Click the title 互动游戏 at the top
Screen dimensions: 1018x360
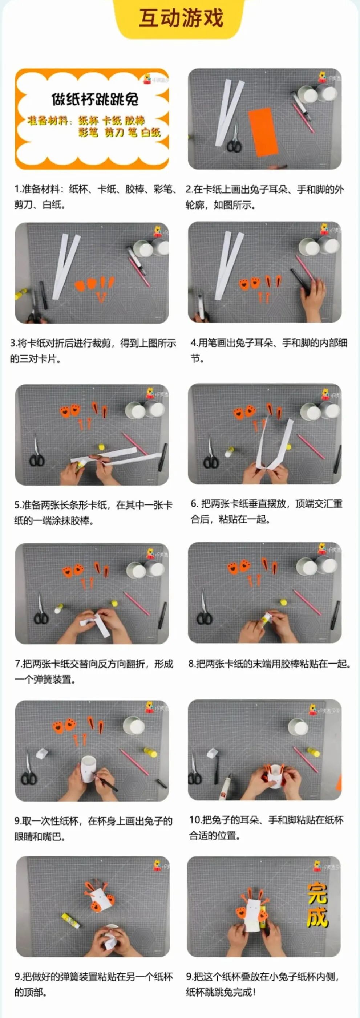(x=181, y=18)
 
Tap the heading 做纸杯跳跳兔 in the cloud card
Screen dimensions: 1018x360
(x=95, y=99)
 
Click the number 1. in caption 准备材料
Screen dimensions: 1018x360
(x=17, y=189)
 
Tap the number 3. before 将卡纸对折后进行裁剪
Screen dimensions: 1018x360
(x=13, y=343)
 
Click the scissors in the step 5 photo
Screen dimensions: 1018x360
(x=36, y=453)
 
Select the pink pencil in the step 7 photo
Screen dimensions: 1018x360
(x=137, y=604)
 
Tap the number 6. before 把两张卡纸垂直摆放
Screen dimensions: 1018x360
(x=194, y=504)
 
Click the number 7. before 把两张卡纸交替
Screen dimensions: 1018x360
(x=18, y=664)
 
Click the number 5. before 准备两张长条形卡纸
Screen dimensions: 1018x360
(x=17, y=505)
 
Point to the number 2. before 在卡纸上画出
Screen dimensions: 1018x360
(x=189, y=189)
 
